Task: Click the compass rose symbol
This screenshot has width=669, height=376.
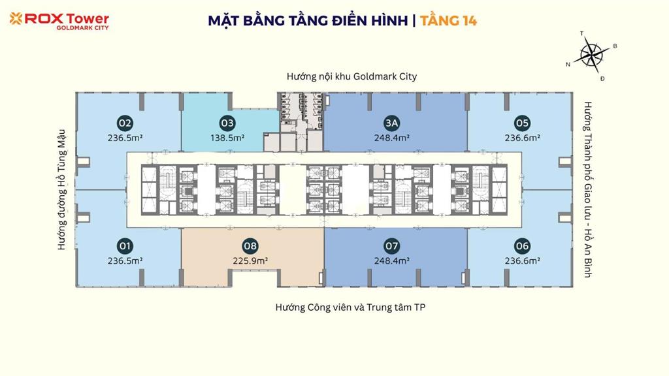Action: (x=591, y=53)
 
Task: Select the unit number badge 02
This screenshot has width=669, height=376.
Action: (x=125, y=123)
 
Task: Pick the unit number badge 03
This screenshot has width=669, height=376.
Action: (x=227, y=123)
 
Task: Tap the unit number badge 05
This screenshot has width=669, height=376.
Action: (x=522, y=123)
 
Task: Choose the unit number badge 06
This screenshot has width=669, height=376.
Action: (x=522, y=246)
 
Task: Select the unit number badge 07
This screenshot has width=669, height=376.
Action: (x=391, y=246)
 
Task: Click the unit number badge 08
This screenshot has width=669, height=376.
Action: (x=250, y=246)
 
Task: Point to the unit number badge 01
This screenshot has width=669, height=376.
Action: (x=125, y=246)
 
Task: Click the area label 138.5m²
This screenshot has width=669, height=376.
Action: (x=227, y=138)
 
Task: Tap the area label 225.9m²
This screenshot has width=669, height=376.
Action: (x=250, y=260)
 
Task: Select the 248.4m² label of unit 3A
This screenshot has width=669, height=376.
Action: (x=391, y=138)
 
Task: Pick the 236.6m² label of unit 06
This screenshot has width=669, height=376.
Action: (x=522, y=260)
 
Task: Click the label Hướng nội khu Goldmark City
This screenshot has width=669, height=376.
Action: (x=351, y=76)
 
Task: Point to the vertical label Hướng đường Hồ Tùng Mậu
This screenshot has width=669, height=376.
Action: (x=62, y=189)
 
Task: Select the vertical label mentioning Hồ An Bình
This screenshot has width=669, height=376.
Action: (x=587, y=189)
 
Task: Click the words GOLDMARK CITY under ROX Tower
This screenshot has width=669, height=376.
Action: (x=82, y=28)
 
